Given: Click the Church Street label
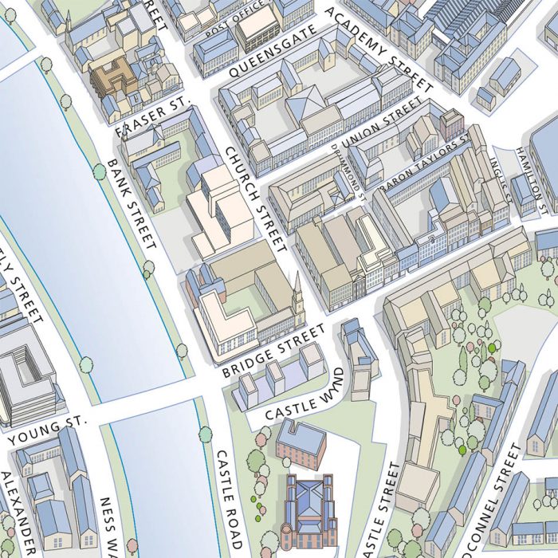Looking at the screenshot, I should tap(254, 199).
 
